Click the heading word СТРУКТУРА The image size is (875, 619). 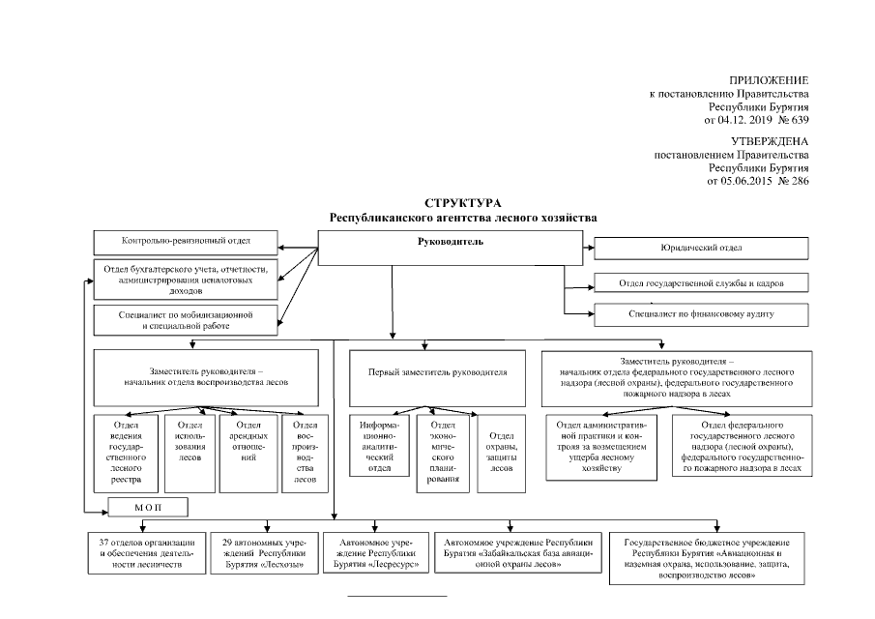point(463,204)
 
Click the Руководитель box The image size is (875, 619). point(450,249)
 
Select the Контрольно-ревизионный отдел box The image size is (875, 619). point(186,241)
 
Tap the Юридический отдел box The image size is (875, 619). point(700,249)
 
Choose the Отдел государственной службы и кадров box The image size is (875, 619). point(700,284)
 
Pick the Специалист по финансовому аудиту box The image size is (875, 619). point(700,314)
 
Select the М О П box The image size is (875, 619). point(147,507)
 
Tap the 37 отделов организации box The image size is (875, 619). point(146,553)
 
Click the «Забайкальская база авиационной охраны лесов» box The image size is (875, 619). point(517,553)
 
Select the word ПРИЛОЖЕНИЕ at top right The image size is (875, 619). point(769,79)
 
